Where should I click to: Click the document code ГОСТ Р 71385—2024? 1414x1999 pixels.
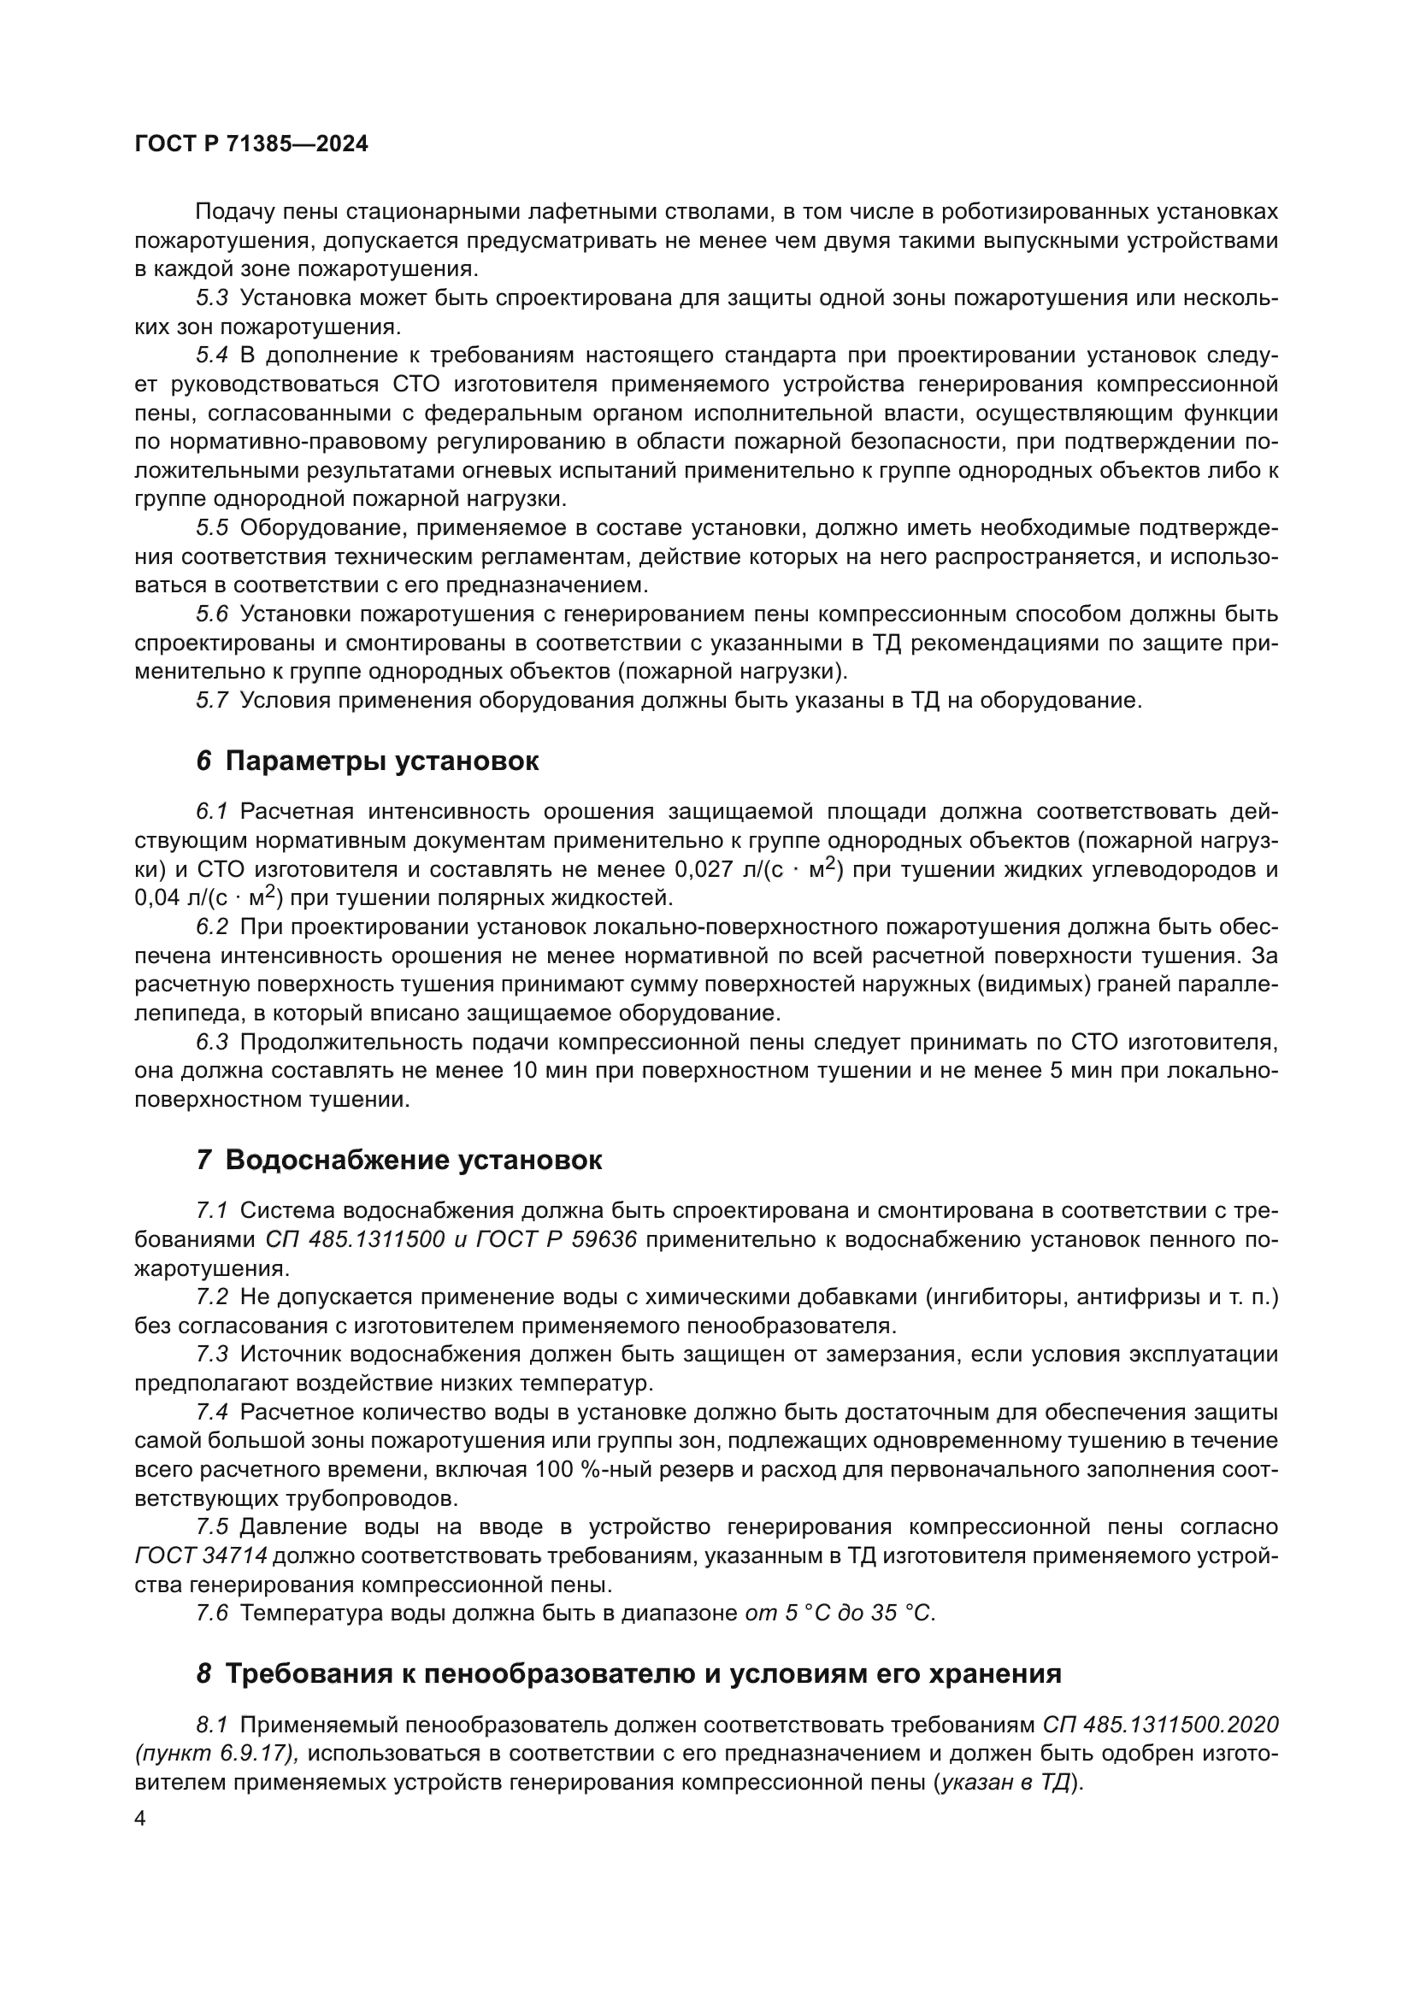(x=251, y=144)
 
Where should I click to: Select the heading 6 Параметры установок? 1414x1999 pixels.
(x=367, y=761)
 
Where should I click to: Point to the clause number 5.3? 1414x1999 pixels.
(x=211, y=297)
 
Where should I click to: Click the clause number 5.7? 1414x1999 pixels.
(x=211, y=700)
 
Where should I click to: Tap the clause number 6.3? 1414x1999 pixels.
(x=211, y=1041)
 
